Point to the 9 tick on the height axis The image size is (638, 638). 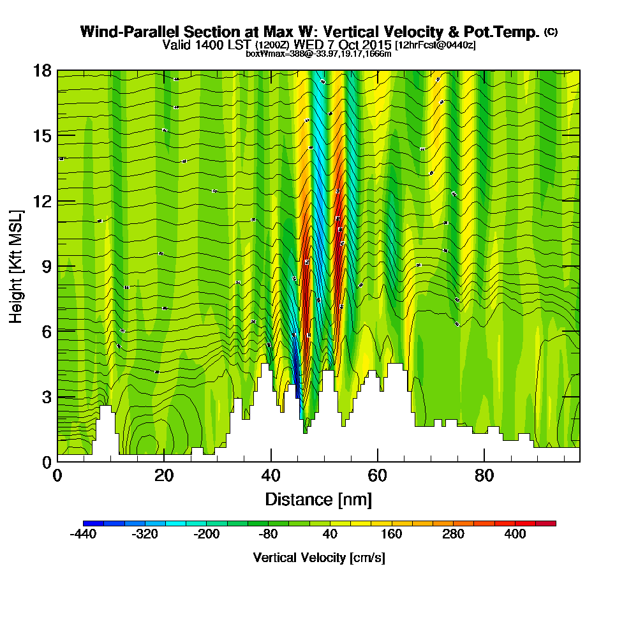(57, 266)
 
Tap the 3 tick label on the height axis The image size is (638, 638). (47, 397)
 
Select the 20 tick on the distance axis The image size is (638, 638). (164, 461)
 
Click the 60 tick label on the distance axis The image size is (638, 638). (378, 476)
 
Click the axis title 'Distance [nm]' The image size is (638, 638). (318, 499)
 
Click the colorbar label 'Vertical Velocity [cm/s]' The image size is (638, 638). (319, 558)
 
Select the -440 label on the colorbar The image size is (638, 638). (83, 535)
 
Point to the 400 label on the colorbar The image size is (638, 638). (515, 535)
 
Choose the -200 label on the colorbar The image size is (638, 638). (205, 535)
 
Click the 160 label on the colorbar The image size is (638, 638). (391, 535)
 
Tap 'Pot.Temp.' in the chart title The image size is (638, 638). (508, 32)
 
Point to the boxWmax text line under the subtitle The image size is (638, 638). (318, 54)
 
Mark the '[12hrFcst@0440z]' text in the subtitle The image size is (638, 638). (435, 45)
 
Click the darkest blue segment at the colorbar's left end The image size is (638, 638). (93, 523)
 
